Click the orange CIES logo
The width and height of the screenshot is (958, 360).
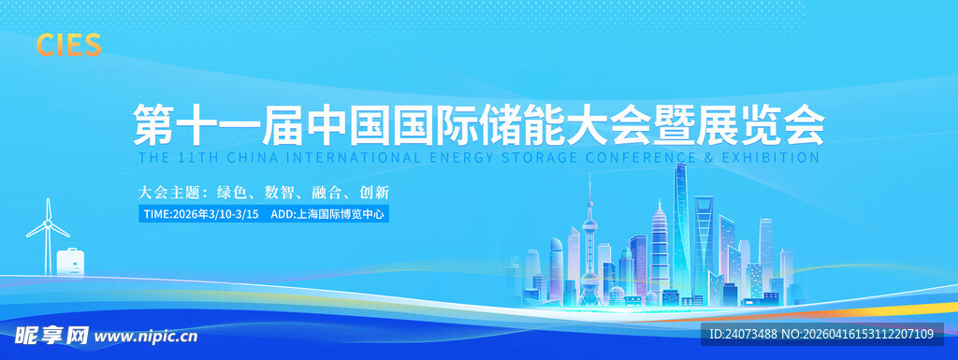click(68, 44)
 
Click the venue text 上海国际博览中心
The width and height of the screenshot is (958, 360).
click(341, 214)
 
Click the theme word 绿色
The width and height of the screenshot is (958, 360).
click(230, 192)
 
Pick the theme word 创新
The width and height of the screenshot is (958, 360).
click(373, 192)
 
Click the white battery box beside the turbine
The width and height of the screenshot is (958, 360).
click(70, 262)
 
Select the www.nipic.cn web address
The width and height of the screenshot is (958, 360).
click(147, 335)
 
